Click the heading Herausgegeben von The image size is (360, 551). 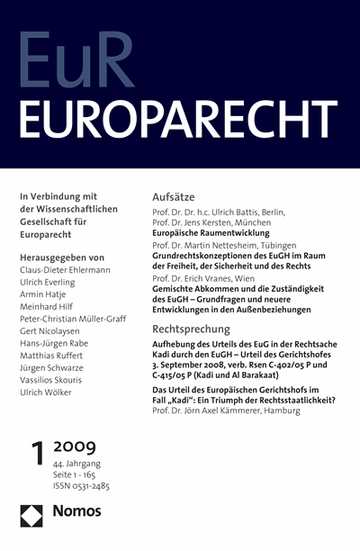tap(68, 257)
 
